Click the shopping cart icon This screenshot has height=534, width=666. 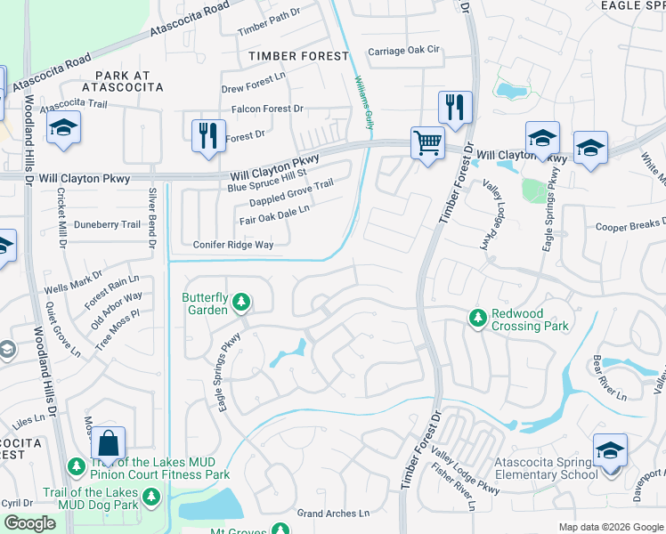coord(428,142)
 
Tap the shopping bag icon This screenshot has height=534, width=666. coord(108,442)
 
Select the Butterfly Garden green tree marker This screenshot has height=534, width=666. coord(240,304)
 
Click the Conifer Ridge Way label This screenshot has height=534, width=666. coord(233,244)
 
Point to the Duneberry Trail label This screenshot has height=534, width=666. coord(107,224)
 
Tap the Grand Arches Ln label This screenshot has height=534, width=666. coord(332,514)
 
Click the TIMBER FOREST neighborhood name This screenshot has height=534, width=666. coord(298,56)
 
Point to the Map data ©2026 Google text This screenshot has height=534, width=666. coord(610,527)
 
